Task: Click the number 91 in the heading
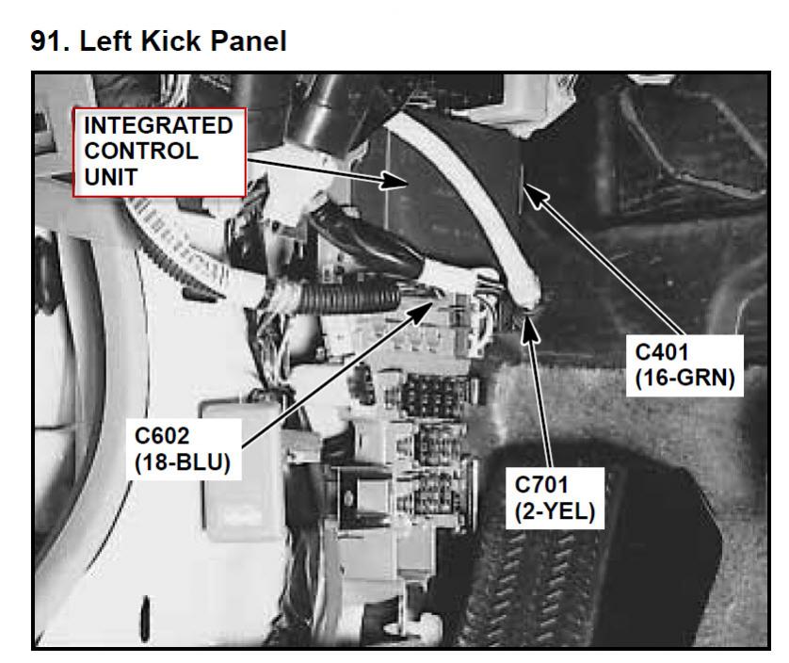click(x=50, y=40)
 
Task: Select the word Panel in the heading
click(x=249, y=40)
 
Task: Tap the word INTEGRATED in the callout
click(x=158, y=125)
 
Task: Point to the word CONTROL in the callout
click(x=141, y=151)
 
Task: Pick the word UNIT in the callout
click(x=111, y=177)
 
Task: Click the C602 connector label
click(x=162, y=436)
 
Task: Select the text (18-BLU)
click(x=183, y=462)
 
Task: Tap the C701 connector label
click(x=541, y=485)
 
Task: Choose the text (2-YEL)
click(x=555, y=511)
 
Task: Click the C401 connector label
click(x=662, y=352)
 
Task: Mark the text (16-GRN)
click(x=684, y=378)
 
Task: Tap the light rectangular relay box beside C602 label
click(x=242, y=468)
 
